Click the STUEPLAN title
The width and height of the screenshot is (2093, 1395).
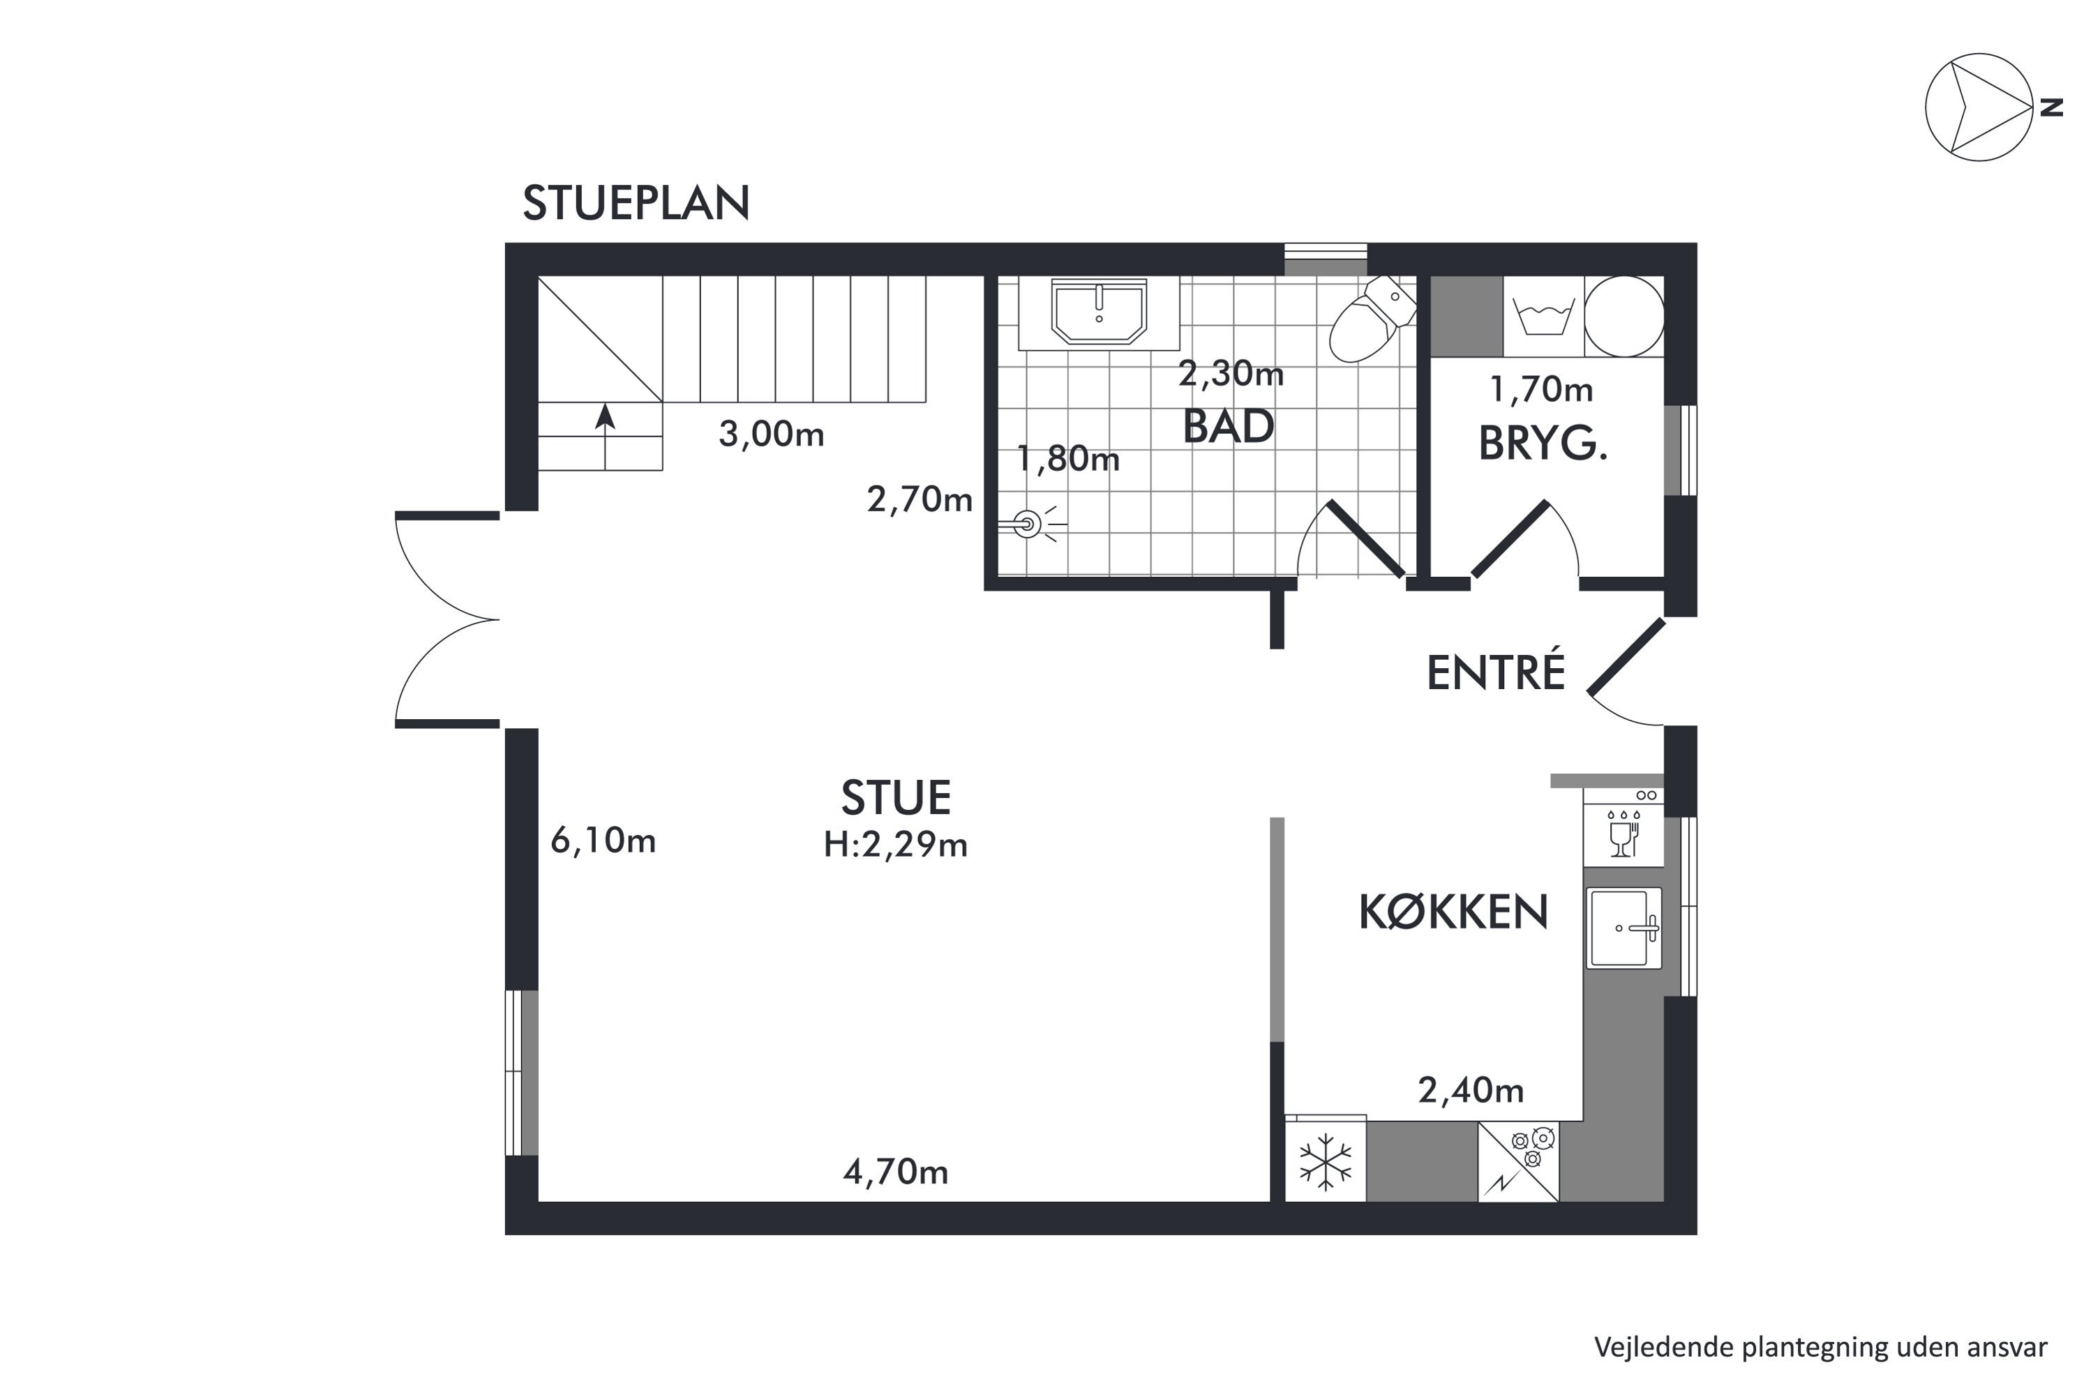click(636, 203)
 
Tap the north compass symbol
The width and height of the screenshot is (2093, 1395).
click(1980, 107)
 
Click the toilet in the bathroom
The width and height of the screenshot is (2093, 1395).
click(1372, 317)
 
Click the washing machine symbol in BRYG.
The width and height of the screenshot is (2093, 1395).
click(1543, 317)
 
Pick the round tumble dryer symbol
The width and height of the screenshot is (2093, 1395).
click(1624, 317)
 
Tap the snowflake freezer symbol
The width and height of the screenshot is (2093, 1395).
click(1325, 1161)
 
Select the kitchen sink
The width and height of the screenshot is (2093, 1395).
click(1624, 928)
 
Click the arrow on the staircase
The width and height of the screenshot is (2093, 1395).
click(605, 436)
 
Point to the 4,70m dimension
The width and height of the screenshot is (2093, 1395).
click(895, 1172)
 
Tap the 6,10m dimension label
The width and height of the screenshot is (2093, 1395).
click(603, 840)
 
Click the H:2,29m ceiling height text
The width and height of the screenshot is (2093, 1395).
click(895, 843)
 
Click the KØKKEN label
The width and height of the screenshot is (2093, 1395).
click(1453, 911)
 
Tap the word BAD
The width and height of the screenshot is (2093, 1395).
click(1228, 426)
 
